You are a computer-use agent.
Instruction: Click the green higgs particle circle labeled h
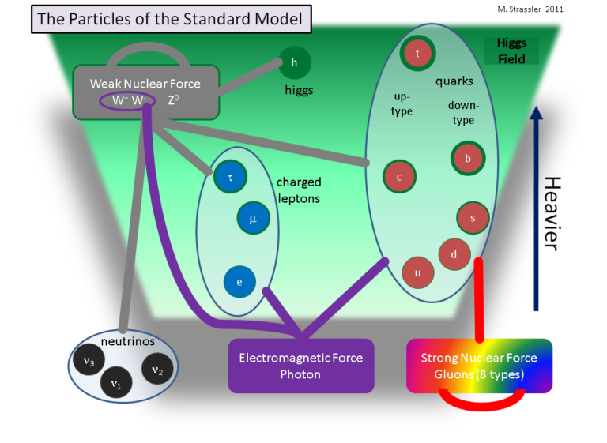(294, 62)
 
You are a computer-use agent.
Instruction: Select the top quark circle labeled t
(417, 53)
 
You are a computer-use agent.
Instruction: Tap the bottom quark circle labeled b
(467, 158)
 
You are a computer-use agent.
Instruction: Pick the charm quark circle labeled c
(399, 177)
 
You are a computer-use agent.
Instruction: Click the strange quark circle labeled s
(473, 218)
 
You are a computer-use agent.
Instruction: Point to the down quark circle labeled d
(454, 254)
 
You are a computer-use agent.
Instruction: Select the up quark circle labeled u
(417, 272)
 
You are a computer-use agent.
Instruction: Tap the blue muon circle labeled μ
(253, 219)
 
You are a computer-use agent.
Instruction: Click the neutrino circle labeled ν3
(89, 361)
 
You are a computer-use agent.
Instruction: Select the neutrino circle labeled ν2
(157, 368)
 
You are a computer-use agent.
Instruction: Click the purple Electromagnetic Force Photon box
(300, 366)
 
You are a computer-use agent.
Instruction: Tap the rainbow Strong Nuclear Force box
(479, 366)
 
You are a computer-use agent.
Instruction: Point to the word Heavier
(552, 213)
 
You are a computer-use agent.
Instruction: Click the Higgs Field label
(511, 51)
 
